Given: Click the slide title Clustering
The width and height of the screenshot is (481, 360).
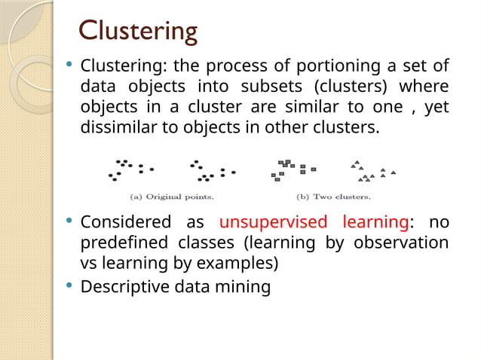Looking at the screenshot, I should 139,31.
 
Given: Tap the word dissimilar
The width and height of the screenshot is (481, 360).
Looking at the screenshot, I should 115,127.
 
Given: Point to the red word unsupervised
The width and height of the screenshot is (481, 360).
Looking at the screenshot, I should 273,223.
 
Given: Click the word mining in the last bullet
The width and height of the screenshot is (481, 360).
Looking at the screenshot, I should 246,286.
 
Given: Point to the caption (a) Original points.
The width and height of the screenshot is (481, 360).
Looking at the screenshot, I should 172,197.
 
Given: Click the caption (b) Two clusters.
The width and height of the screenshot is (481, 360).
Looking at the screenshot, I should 334,197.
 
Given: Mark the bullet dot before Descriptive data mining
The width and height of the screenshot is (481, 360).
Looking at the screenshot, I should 69,285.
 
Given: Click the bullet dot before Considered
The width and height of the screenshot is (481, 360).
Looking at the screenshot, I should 69,222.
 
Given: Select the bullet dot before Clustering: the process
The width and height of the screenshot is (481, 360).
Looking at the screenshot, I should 69,66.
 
